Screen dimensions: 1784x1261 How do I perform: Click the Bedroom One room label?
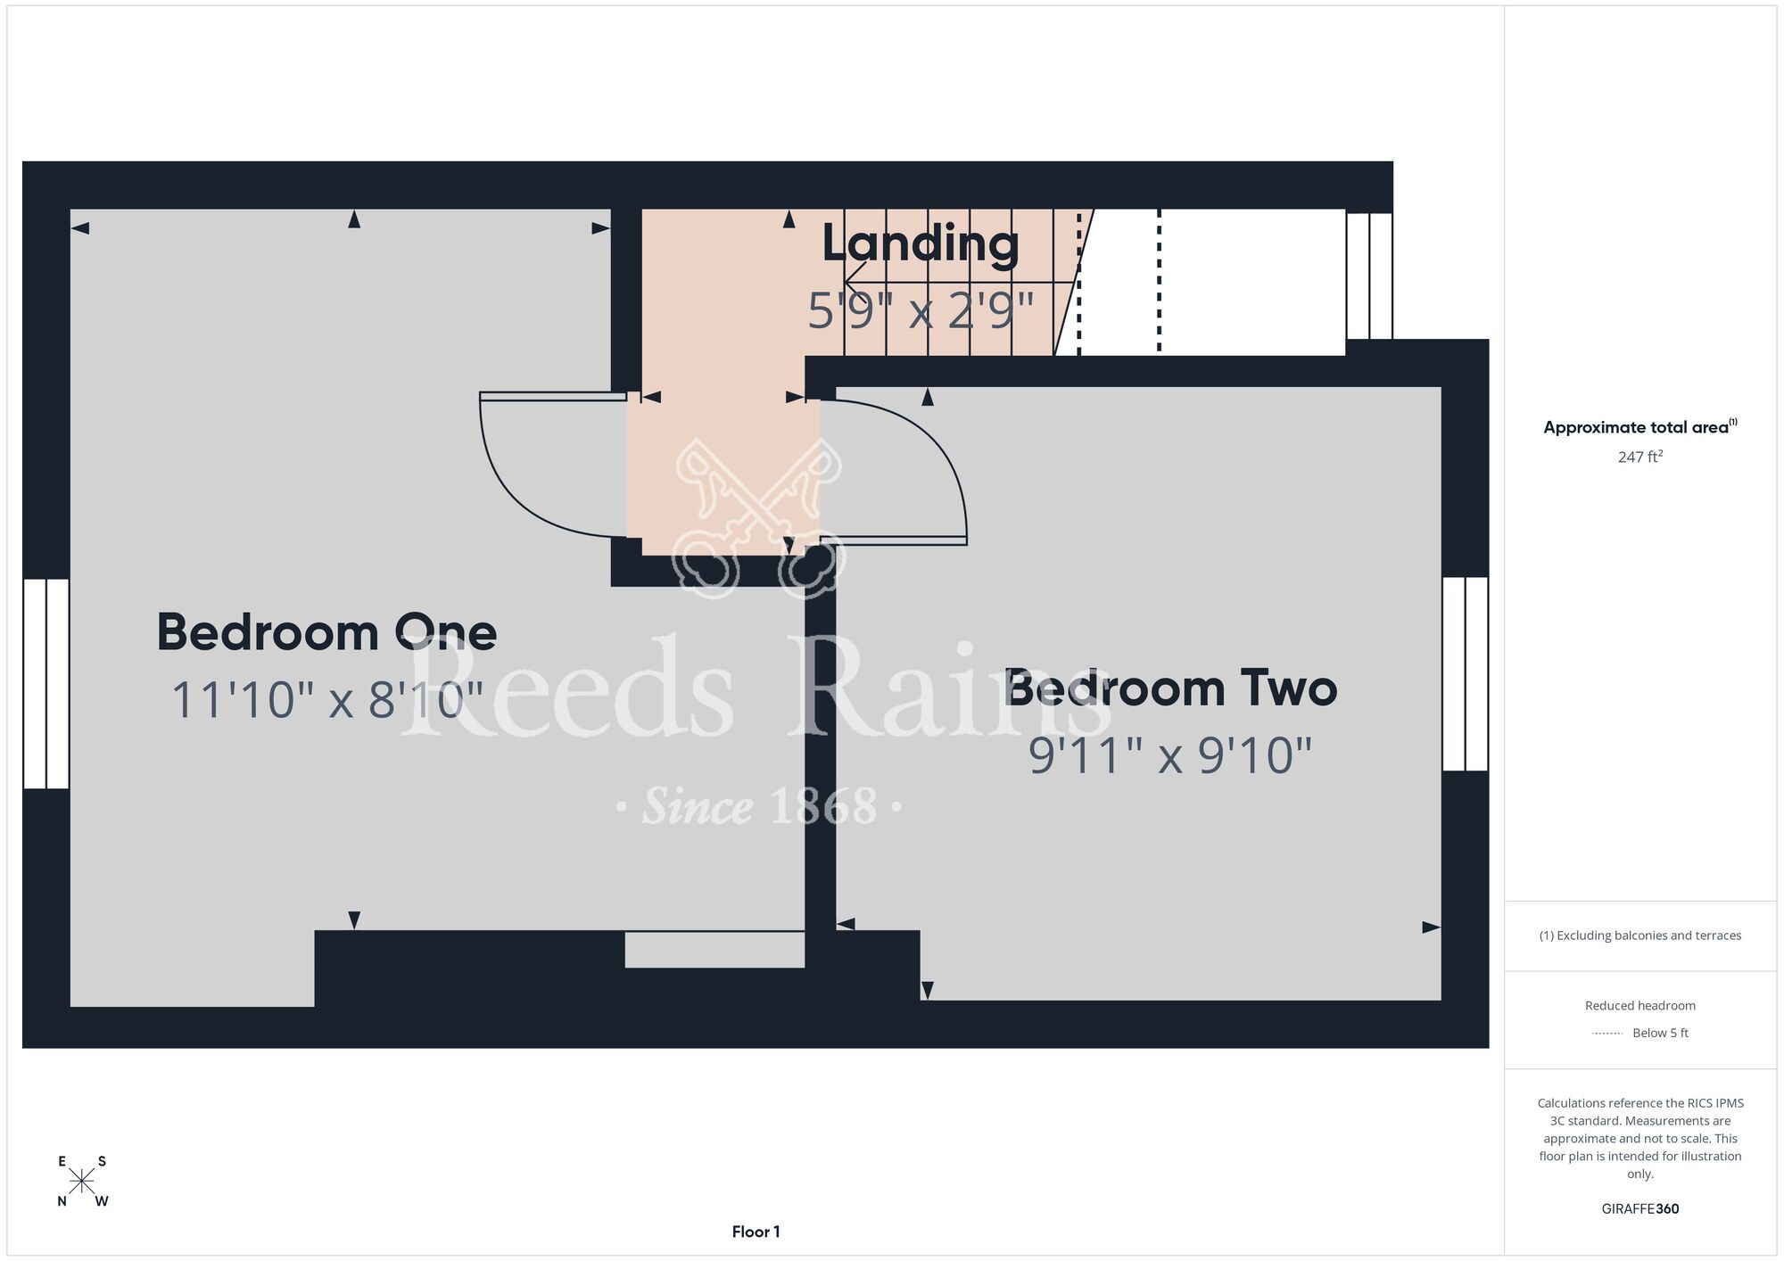326,632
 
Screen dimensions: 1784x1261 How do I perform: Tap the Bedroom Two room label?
1171,688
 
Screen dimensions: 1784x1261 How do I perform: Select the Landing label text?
921,243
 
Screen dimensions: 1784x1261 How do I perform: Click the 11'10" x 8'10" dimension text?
327,700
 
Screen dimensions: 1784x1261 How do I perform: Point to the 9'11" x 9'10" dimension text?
1170,756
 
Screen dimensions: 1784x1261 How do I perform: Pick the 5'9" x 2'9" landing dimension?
921,311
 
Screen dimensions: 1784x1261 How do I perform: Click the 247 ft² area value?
1640,457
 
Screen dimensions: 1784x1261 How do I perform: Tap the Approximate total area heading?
1640,427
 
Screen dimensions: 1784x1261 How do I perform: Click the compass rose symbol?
82,1181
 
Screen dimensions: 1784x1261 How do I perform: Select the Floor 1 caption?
756,1232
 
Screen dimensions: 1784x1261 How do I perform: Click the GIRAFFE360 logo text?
1640,1209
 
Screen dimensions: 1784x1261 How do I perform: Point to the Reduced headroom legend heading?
1640,1006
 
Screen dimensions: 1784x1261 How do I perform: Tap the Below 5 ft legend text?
1660,1033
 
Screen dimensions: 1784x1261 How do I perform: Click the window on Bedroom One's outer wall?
45,684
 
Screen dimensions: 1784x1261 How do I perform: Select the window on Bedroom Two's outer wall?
1465,673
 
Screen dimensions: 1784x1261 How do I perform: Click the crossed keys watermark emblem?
758,517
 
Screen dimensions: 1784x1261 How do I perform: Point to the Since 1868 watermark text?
759,807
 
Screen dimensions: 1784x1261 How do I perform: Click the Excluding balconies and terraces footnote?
1640,935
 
